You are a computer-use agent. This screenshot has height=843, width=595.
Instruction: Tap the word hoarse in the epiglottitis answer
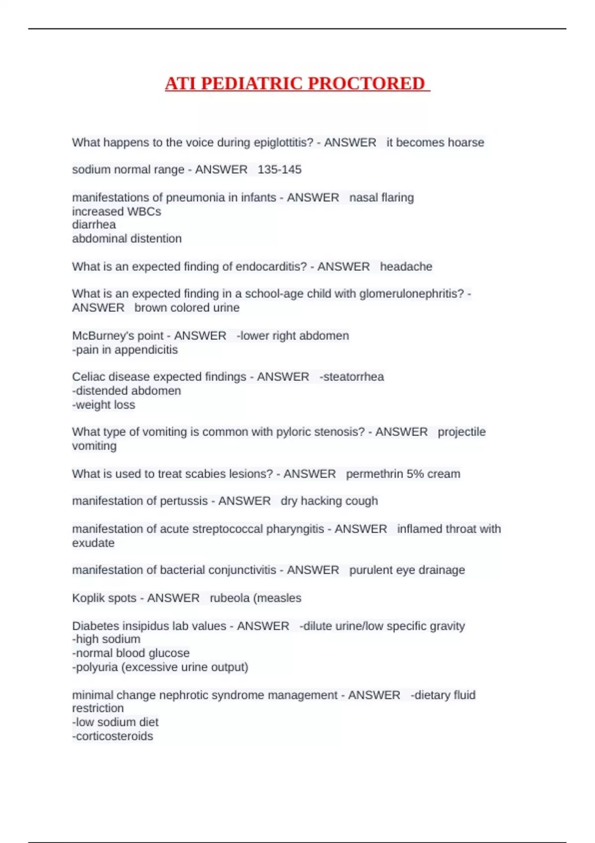click(x=466, y=142)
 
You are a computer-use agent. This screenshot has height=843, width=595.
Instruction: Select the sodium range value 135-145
click(x=280, y=170)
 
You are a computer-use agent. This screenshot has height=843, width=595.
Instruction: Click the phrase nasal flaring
click(x=381, y=197)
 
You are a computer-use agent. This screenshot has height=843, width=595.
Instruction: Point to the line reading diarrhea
click(x=94, y=225)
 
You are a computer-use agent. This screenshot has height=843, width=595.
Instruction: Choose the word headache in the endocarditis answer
click(x=406, y=266)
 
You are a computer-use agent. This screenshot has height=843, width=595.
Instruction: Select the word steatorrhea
click(x=353, y=377)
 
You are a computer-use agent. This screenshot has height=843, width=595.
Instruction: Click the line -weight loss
click(x=104, y=405)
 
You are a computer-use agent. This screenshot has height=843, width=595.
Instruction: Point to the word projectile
click(x=462, y=432)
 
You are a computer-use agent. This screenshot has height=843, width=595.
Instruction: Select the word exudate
click(x=93, y=543)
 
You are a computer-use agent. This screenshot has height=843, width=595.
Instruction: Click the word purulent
click(x=370, y=570)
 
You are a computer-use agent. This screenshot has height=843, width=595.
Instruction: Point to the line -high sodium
click(x=106, y=639)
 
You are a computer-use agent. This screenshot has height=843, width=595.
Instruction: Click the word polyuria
click(x=97, y=667)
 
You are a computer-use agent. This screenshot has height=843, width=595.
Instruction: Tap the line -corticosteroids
click(x=113, y=736)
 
